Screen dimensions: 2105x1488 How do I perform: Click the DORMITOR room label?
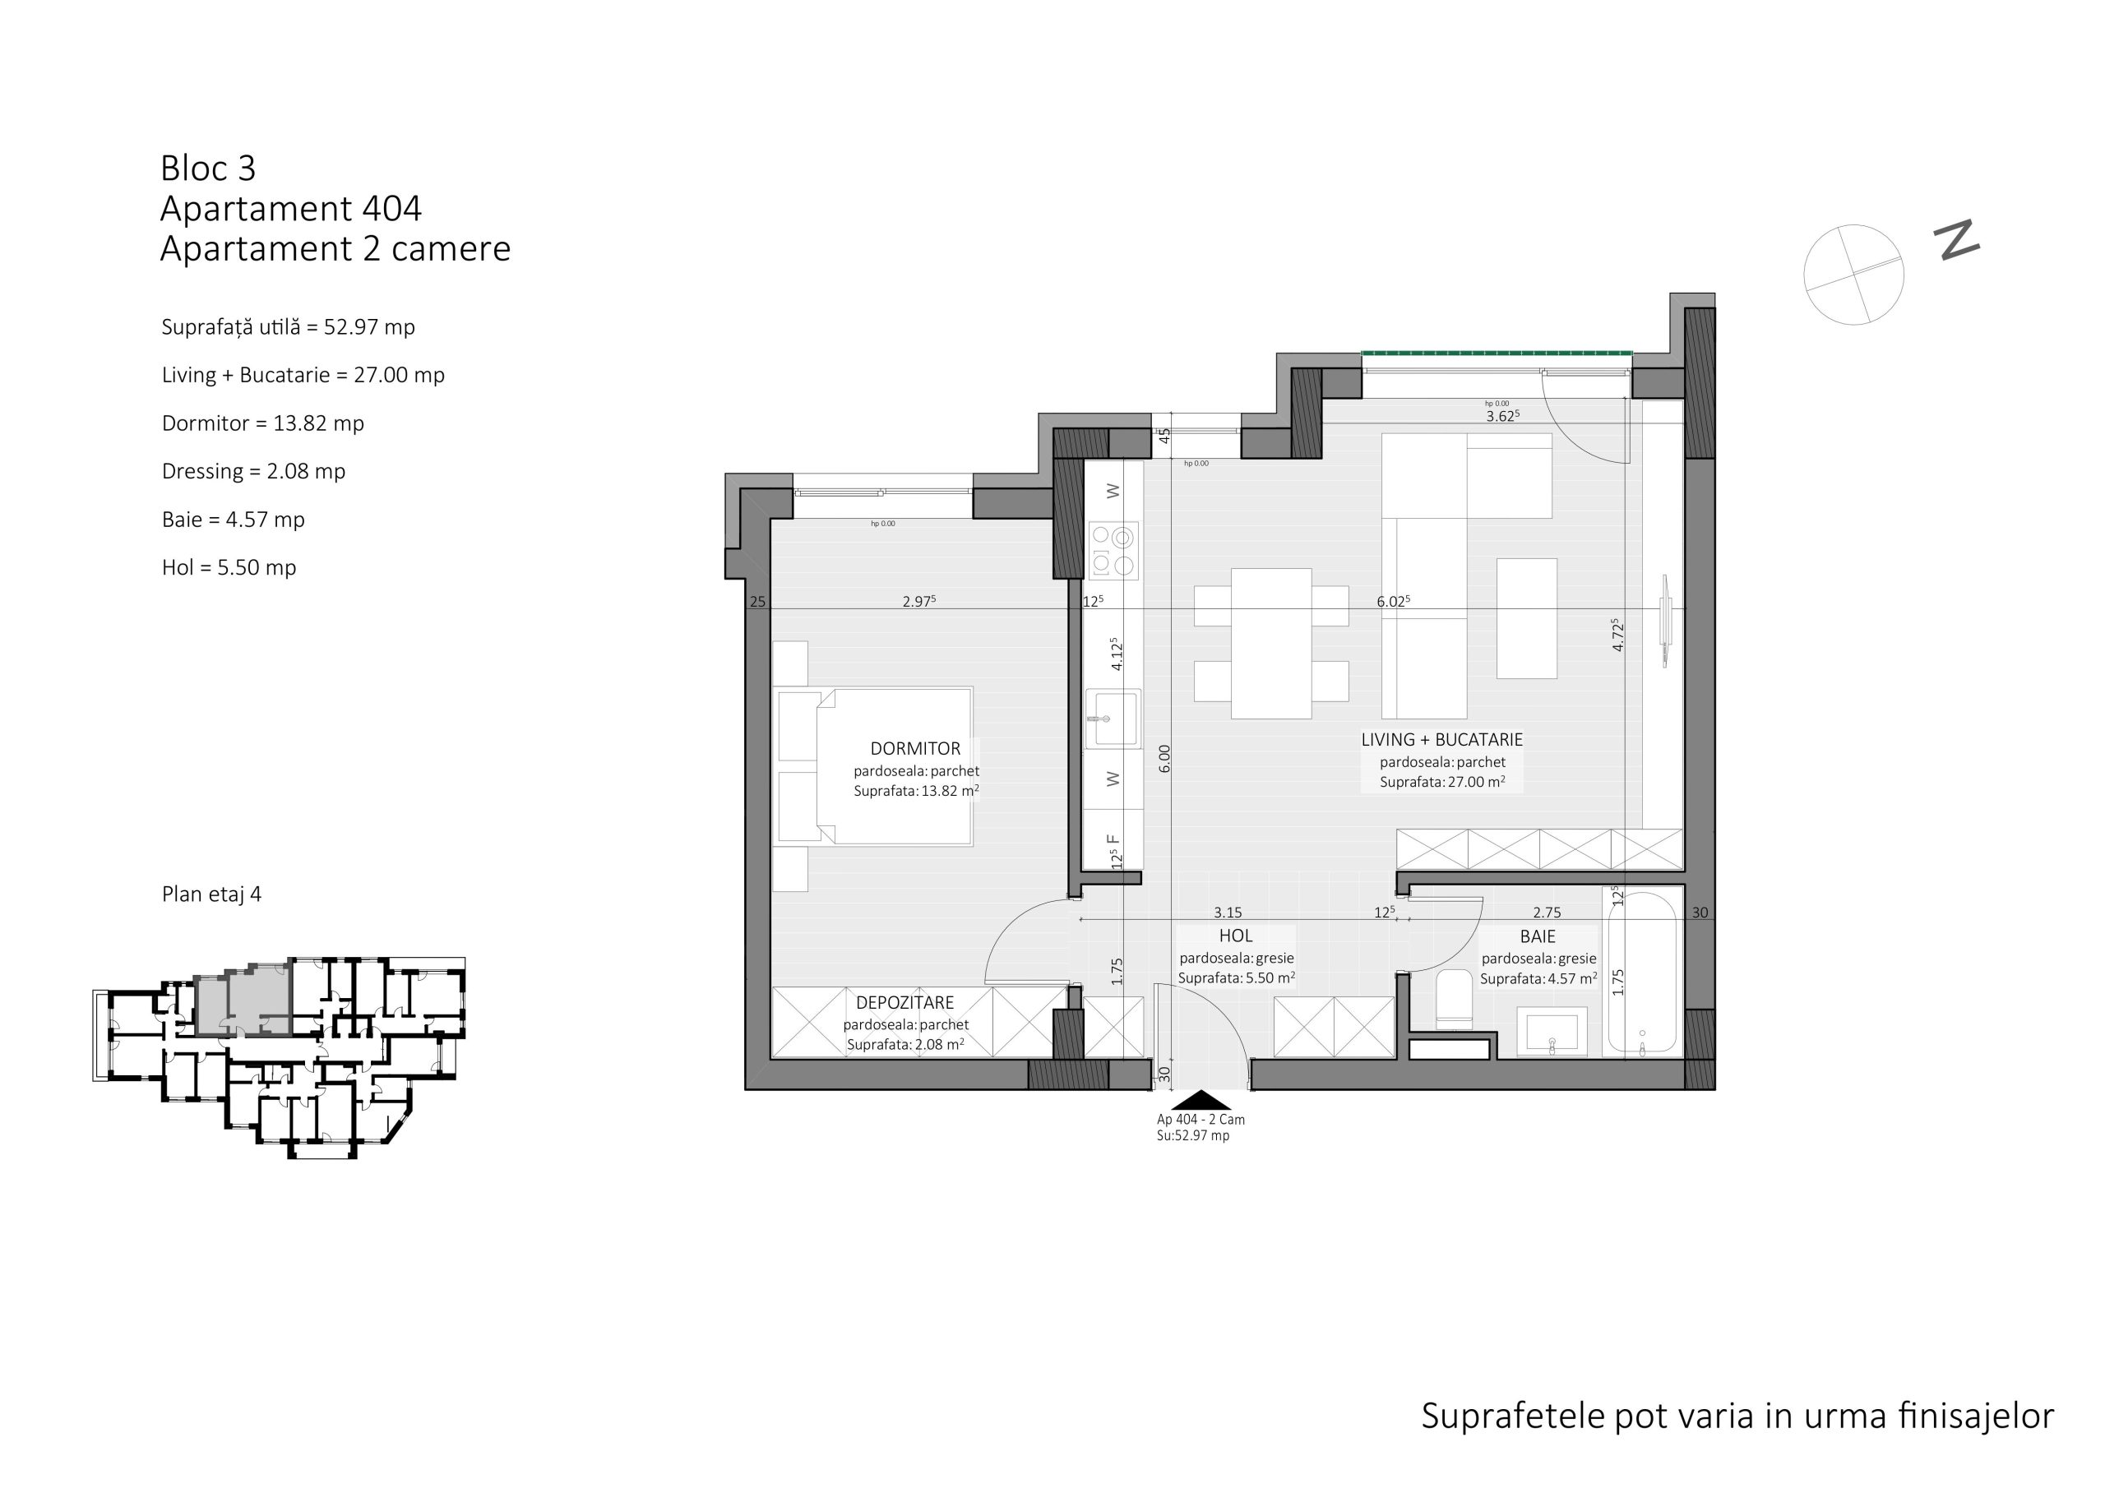[x=915, y=748]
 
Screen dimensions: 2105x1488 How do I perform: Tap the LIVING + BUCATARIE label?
[x=1441, y=739]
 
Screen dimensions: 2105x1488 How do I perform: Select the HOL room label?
[x=1235, y=936]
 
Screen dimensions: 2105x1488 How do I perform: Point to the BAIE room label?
[x=1538, y=936]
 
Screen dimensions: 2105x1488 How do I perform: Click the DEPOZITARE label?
[x=904, y=1003]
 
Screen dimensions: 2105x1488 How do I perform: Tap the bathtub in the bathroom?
[x=1643, y=972]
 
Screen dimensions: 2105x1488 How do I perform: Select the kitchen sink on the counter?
[x=1113, y=719]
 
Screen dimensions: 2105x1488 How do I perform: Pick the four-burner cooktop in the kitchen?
[x=1113, y=551]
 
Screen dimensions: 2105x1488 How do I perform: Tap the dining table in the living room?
[x=1270, y=644]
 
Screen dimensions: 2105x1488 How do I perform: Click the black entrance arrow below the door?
[x=1201, y=1100]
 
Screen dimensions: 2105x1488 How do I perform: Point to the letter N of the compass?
[x=1956, y=240]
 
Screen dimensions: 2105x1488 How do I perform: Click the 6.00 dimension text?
[x=1164, y=758]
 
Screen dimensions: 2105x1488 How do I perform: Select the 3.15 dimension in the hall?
[x=1228, y=913]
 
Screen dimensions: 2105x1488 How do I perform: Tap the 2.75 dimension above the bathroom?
[x=1547, y=913]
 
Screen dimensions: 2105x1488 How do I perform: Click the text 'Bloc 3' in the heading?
[x=208, y=168]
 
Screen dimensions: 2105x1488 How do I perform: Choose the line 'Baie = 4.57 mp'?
[x=233, y=519]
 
